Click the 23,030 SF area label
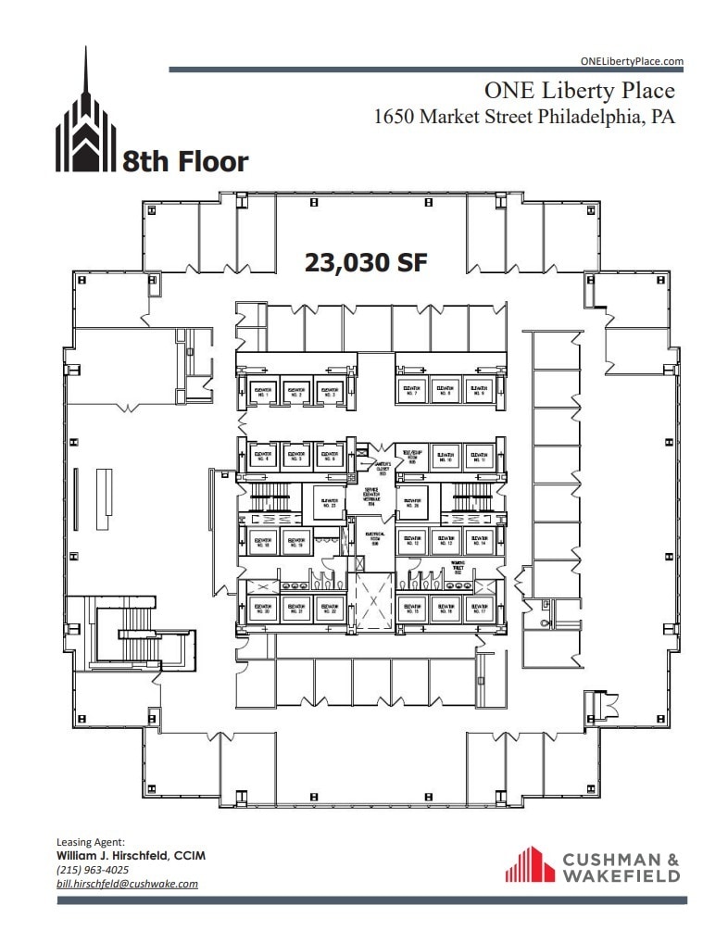click(366, 262)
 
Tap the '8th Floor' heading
click(185, 162)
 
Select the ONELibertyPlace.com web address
click(632, 61)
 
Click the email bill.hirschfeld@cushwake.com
click(127, 883)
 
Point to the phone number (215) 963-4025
click(93, 870)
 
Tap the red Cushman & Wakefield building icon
click(529, 864)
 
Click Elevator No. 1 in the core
click(263, 392)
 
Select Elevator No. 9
click(478, 392)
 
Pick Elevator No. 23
click(328, 504)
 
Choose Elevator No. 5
click(295, 456)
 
